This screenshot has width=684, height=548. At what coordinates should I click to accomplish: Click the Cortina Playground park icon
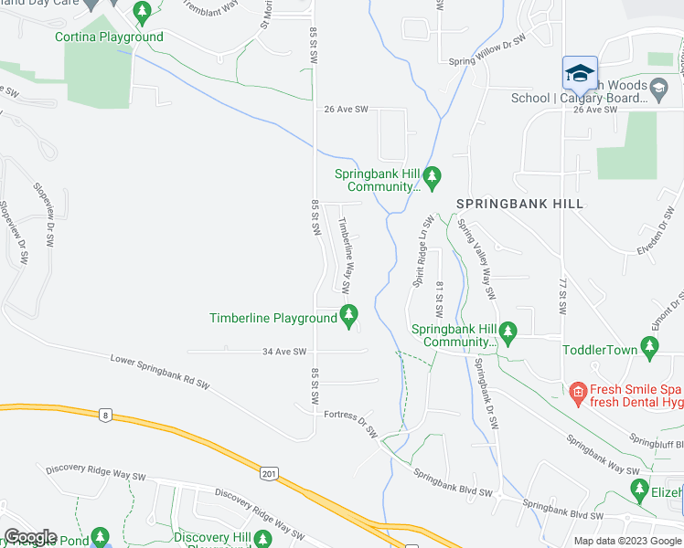pyautogui.click(x=141, y=13)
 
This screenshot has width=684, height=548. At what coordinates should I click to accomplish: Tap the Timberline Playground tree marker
pyautogui.click(x=347, y=316)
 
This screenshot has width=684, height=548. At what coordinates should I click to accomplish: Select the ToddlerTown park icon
pyautogui.click(x=650, y=346)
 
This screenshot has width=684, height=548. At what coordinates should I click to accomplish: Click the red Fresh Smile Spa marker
pyautogui.click(x=576, y=395)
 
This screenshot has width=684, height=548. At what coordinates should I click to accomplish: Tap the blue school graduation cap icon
pyautogui.click(x=580, y=73)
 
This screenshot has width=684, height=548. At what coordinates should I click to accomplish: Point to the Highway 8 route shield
pyautogui.click(x=107, y=416)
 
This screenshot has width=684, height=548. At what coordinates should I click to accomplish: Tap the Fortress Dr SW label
pyautogui.click(x=351, y=422)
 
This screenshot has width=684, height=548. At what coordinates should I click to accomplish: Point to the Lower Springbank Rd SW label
pyautogui.click(x=160, y=371)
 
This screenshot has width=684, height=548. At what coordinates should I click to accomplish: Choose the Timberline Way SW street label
pyautogui.click(x=347, y=254)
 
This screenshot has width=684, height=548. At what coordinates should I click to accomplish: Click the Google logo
pyautogui.click(x=30, y=537)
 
